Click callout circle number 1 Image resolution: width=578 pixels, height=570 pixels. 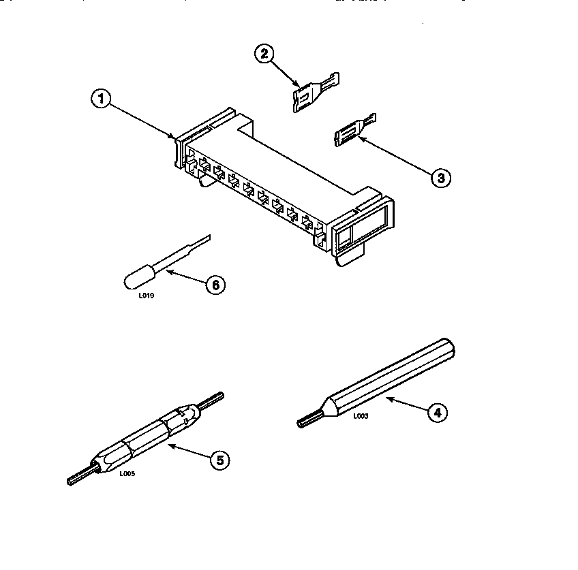[x=101, y=99]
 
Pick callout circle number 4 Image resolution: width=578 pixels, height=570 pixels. [x=437, y=411]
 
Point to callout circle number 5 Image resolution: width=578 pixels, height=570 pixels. [x=219, y=461]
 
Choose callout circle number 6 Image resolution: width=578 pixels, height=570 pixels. [x=214, y=285]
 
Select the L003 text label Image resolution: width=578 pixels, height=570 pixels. [x=361, y=416]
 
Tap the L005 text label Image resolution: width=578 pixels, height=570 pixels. [x=127, y=474]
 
